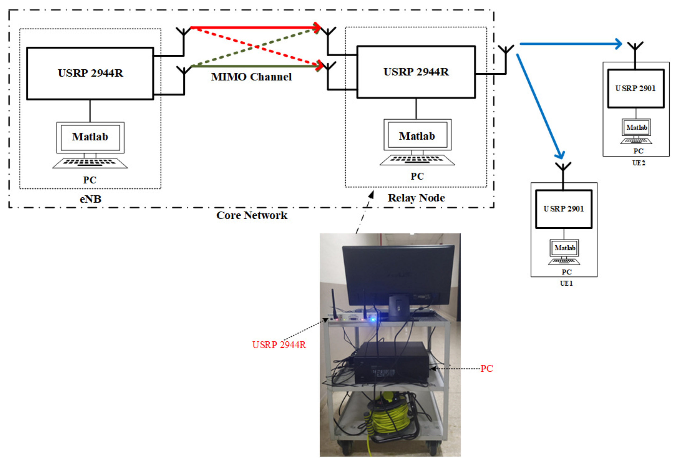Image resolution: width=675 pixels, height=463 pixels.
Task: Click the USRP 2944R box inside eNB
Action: (x=90, y=73)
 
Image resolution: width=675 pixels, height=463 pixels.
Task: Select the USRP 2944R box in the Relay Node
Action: (x=416, y=72)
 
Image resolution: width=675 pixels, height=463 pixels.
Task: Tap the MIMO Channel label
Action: (x=251, y=77)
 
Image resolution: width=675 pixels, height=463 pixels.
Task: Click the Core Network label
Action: (x=251, y=215)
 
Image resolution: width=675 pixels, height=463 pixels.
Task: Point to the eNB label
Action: (x=90, y=199)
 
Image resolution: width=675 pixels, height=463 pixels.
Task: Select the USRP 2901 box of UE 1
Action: (x=563, y=209)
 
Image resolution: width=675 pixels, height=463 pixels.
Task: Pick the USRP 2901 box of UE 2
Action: (x=635, y=88)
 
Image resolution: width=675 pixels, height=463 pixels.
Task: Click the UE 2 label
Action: (x=639, y=163)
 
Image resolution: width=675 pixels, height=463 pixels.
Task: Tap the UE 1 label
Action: (x=566, y=283)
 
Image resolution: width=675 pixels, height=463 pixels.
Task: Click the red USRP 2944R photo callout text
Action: (x=279, y=345)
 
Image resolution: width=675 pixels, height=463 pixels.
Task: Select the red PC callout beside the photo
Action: (x=486, y=369)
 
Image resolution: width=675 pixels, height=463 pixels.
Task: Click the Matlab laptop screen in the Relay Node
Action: (x=417, y=135)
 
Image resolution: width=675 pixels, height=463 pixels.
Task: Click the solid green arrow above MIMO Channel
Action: (x=256, y=66)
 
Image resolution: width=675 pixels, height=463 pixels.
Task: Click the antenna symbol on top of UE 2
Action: (x=635, y=48)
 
